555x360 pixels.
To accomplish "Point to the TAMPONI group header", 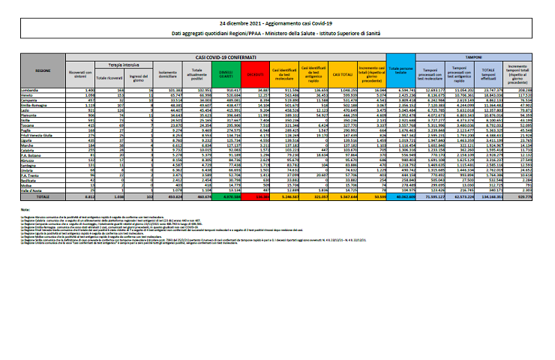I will (x=473, y=56).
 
